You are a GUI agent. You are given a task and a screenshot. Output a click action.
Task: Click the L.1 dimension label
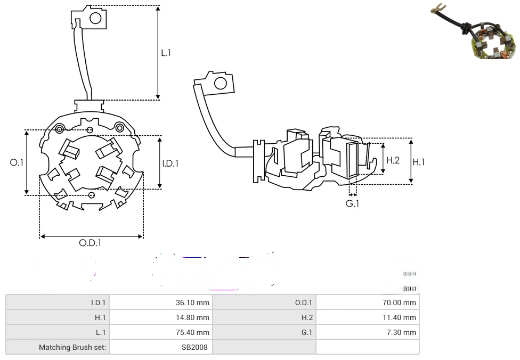[x=166, y=53]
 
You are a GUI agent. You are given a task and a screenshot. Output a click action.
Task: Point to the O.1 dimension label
[x=17, y=162]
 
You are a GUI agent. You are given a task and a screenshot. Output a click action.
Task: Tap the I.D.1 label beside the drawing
[x=170, y=163]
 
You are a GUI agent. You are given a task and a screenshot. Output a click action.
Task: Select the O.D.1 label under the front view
[x=90, y=243]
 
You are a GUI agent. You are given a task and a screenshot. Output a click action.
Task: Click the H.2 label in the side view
[x=393, y=160]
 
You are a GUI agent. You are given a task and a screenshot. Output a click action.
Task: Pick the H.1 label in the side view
[x=419, y=161]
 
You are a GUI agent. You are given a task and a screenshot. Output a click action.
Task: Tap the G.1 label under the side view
[x=353, y=203]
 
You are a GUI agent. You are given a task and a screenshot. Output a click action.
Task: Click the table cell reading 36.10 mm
[x=192, y=302]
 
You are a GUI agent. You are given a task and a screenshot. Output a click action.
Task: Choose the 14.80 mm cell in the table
[x=192, y=317]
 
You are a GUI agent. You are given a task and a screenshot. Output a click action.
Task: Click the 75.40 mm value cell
[x=192, y=332]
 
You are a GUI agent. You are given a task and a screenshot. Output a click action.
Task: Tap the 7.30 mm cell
[x=404, y=332]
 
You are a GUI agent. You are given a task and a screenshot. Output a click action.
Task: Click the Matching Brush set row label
[x=72, y=347]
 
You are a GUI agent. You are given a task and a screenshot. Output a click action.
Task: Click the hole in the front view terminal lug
[x=95, y=19]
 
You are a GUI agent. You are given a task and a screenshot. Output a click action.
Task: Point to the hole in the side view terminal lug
[x=220, y=83]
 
